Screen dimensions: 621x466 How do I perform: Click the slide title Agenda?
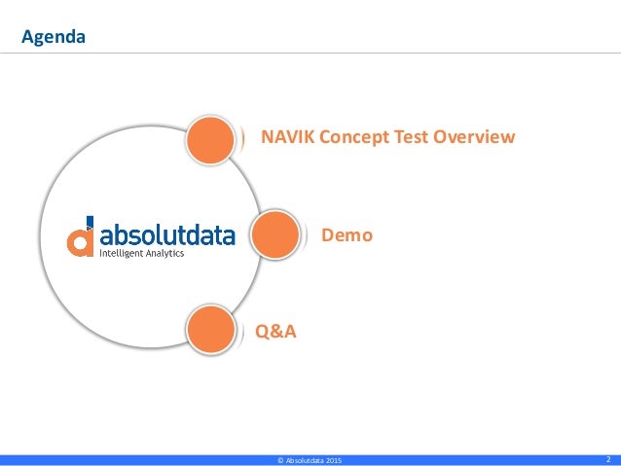[55, 38]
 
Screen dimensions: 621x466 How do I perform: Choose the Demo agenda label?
[347, 234]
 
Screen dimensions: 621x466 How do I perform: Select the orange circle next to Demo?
[274, 234]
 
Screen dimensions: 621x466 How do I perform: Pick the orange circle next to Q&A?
[211, 330]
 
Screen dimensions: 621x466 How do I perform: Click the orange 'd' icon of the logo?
[81, 237]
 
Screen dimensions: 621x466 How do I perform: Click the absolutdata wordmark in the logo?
[166, 234]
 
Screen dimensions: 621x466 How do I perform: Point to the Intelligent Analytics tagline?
[142, 253]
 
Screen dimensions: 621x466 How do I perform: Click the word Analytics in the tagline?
[164, 253]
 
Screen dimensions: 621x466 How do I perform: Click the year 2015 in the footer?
[333, 459]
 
